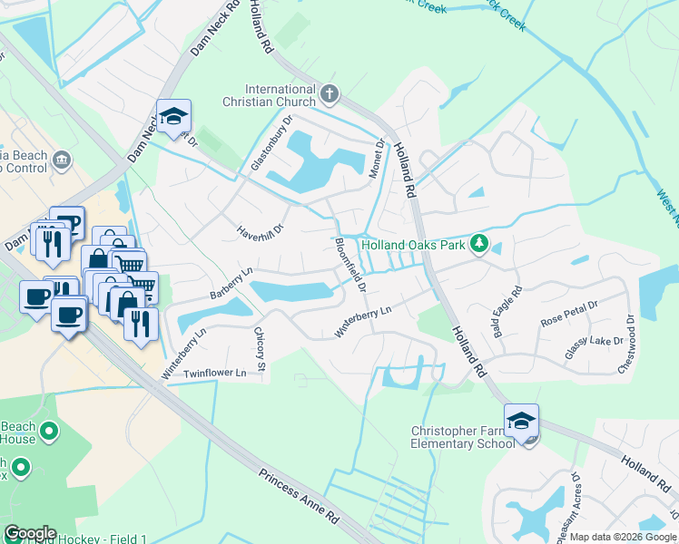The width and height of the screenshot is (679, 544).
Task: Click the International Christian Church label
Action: pyautogui.click(x=281, y=95)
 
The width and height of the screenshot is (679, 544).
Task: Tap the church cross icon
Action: pyautogui.click(x=329, y=92)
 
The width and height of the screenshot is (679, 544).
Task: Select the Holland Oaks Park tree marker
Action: pyautogui.click(x=480, y=244)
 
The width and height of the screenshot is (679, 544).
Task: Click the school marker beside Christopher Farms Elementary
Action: pyautogui.click(x=521, y=422)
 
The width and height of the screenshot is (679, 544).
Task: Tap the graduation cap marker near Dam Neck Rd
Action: pyautogui.click(x=173, y=117)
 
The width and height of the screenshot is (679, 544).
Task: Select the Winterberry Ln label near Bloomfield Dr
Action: pyautogui.click(x=362, y=322)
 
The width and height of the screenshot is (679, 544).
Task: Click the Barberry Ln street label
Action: pyautogui.click(x=231, y=283)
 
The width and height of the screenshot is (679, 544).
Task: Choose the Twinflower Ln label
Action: pyautogui.click(x=215, y=374)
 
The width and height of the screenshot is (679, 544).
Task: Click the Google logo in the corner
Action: pyautogui.click(x=30, y=533)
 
